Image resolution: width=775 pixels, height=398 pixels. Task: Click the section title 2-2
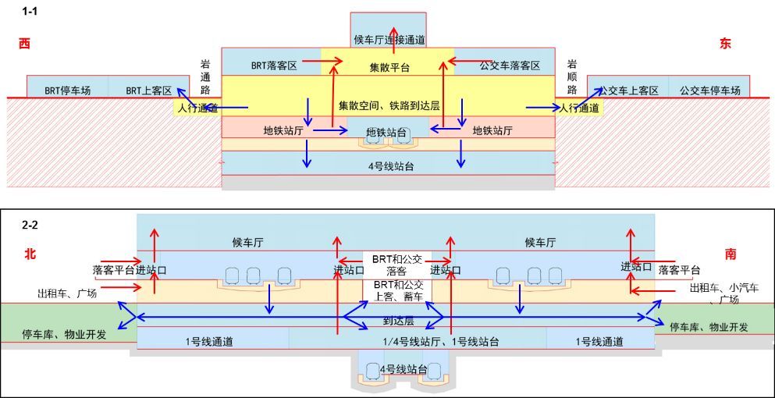click(x=30, y=225)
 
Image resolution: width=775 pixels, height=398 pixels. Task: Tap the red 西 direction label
click(x=24, y=44)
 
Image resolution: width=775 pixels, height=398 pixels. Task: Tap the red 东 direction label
click(x=725, y=44)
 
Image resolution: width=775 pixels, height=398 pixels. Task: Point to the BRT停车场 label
click(x=67, y=91)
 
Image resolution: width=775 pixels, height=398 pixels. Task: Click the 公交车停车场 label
click(x=709, y=91)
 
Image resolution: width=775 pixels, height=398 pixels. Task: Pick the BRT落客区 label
click(x=274, y=66)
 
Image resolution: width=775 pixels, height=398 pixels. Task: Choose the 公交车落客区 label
click(x=510, y=66)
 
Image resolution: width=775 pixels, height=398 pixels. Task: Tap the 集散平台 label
click(x=389, y=68)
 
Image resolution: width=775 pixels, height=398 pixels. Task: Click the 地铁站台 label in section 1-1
click(x=386, y=133)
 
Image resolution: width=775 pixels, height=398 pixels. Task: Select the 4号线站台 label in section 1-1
click(x=390, y=165)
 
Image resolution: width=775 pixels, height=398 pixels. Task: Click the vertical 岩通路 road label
click(x=205, y=78)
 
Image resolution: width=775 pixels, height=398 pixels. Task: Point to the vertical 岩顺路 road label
click(x=572, y=78)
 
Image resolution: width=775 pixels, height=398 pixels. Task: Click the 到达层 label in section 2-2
click(x=397, y=321)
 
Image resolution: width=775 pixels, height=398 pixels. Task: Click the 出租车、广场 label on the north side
click(x=67, y=294)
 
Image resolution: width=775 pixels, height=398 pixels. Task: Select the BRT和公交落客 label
click(x=396, y=265)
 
